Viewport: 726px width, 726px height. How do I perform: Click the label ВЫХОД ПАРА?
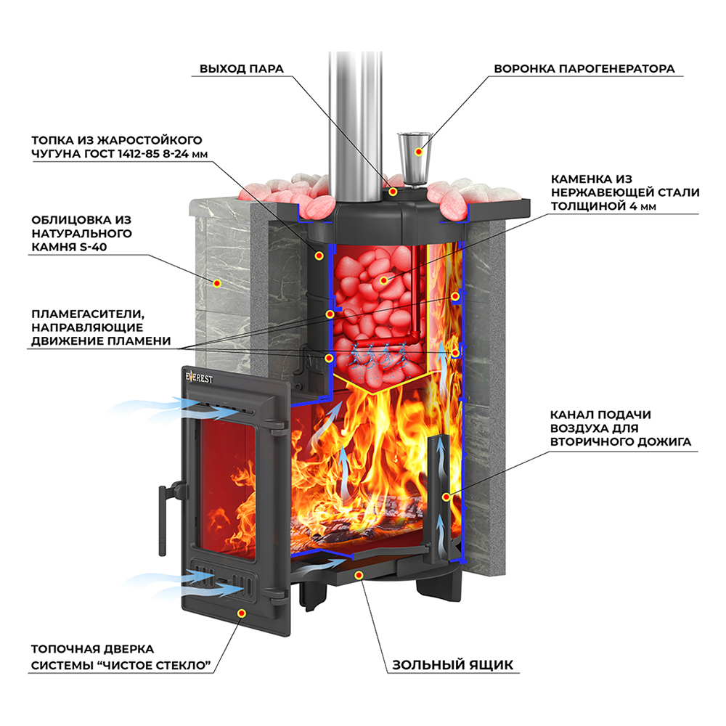point(241,68)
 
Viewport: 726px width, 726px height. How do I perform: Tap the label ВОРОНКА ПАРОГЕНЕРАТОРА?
point(584,68)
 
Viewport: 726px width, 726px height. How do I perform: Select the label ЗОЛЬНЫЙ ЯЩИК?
point(452,665)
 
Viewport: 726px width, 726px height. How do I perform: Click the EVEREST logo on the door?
point(199,378)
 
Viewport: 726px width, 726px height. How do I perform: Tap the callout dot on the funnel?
point(419,152)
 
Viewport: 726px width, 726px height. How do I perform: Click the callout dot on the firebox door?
point(241,613)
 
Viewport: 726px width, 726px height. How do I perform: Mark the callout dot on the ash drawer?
point(359,575)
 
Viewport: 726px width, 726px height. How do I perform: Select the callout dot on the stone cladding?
point(216,283)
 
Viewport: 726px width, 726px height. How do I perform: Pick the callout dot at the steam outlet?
point(393,191)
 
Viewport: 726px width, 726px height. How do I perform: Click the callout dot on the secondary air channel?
point(446,497)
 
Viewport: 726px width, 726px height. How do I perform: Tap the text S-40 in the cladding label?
point(93,247)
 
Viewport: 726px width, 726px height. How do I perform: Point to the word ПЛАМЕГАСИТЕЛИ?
point(88,314)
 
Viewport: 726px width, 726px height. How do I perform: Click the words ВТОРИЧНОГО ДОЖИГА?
point(621,441)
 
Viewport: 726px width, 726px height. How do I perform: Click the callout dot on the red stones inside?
point(383,280)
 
